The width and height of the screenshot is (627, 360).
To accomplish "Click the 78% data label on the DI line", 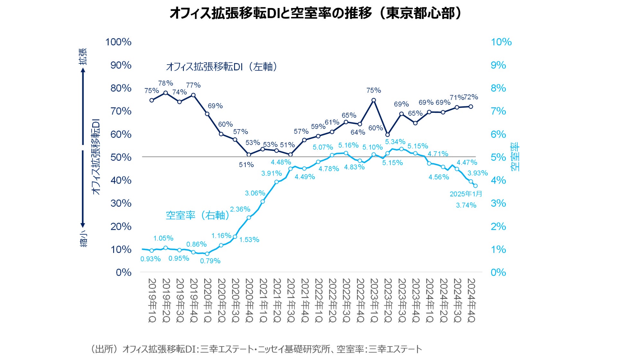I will tap(166, 83).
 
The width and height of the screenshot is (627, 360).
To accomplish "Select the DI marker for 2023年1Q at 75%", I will tap(374, 100).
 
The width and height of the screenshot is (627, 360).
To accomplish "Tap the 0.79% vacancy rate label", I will tap(210, 261).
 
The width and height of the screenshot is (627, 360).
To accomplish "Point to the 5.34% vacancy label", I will tap(395, 142).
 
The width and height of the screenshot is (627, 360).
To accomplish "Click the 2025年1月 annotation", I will tap(466, 194).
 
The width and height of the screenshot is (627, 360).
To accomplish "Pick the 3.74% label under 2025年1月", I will tap(466, 205).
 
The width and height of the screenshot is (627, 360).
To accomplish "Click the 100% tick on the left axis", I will tap(118, 42).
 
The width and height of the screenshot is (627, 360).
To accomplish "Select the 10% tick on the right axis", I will tap(501, 42).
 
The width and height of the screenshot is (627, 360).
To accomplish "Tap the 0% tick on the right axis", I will tap(498, 273).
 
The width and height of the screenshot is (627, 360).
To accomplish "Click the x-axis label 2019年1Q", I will tap(152, 300).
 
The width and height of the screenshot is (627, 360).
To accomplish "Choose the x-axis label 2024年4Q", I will tap(471, 300).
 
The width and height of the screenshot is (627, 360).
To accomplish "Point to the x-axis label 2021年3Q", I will tap(291, 300).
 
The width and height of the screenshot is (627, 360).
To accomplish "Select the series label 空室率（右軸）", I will tap(198, 215).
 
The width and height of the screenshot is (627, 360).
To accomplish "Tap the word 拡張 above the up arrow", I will tap(83, 56).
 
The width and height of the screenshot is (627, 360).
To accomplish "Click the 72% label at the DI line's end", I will tap(471, 97).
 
